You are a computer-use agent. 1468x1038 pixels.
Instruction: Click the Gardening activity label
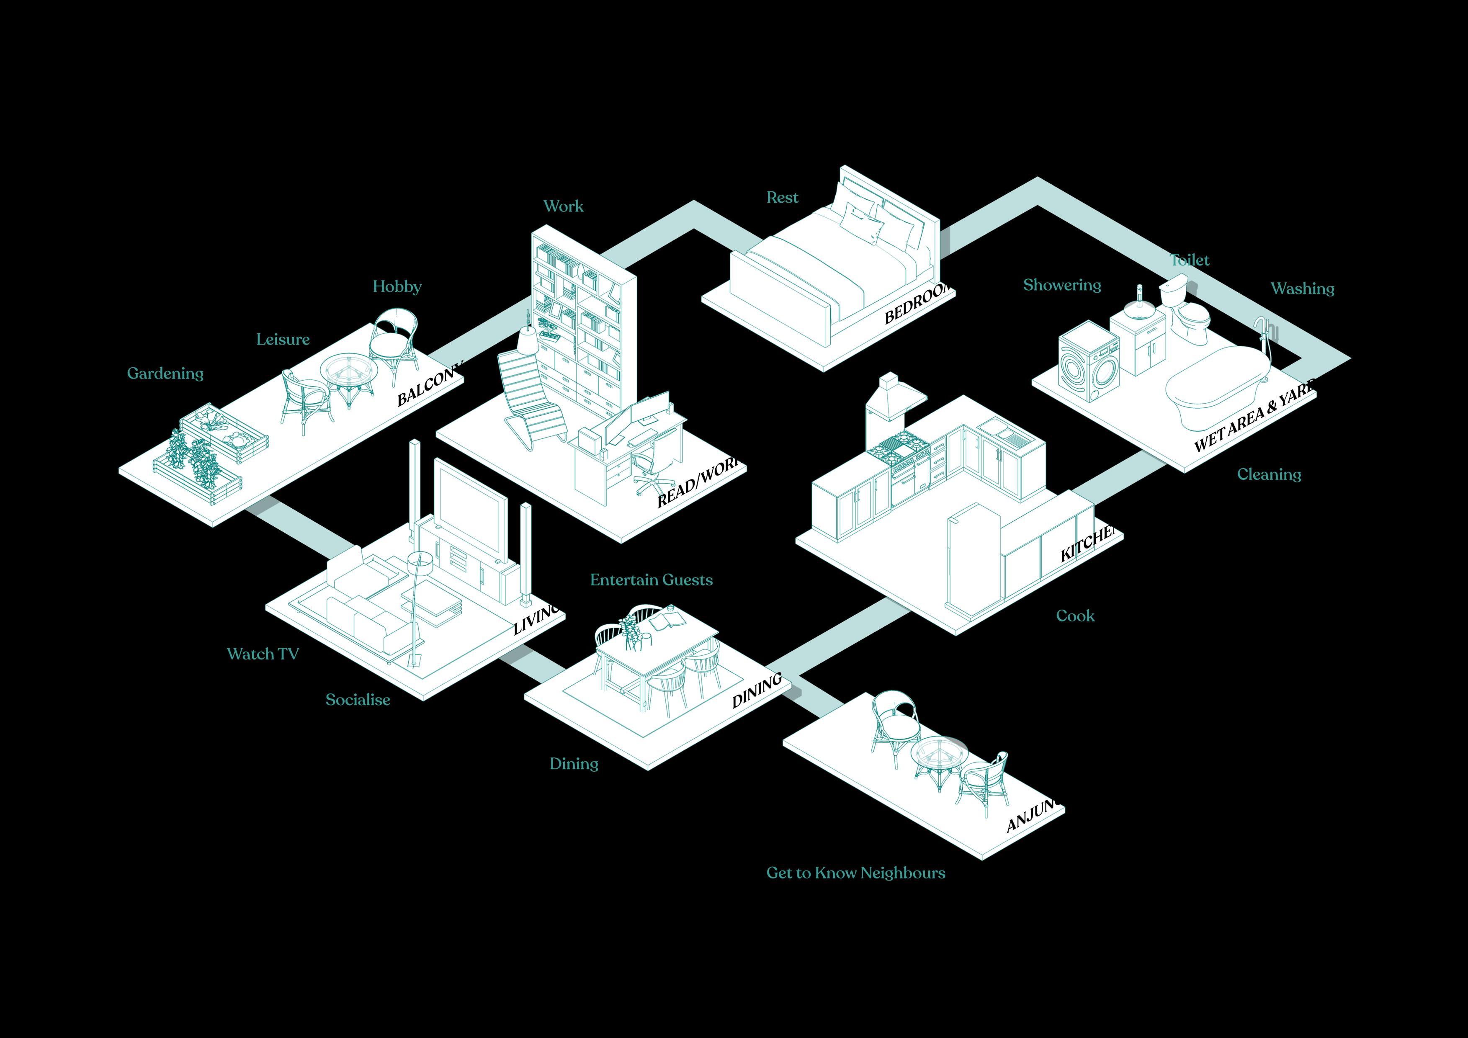coord(165,373)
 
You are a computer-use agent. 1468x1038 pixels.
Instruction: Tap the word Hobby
coord(397,286)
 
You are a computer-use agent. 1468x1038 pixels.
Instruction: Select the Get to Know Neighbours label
coord(855,873)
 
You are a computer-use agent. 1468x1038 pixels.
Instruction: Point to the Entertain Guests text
coord(651,580)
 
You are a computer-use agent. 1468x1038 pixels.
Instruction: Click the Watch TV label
coord(263,654)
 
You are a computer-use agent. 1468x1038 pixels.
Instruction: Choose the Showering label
coord(1062,285)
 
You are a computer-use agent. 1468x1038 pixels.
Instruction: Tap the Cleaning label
coord(1269,474)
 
